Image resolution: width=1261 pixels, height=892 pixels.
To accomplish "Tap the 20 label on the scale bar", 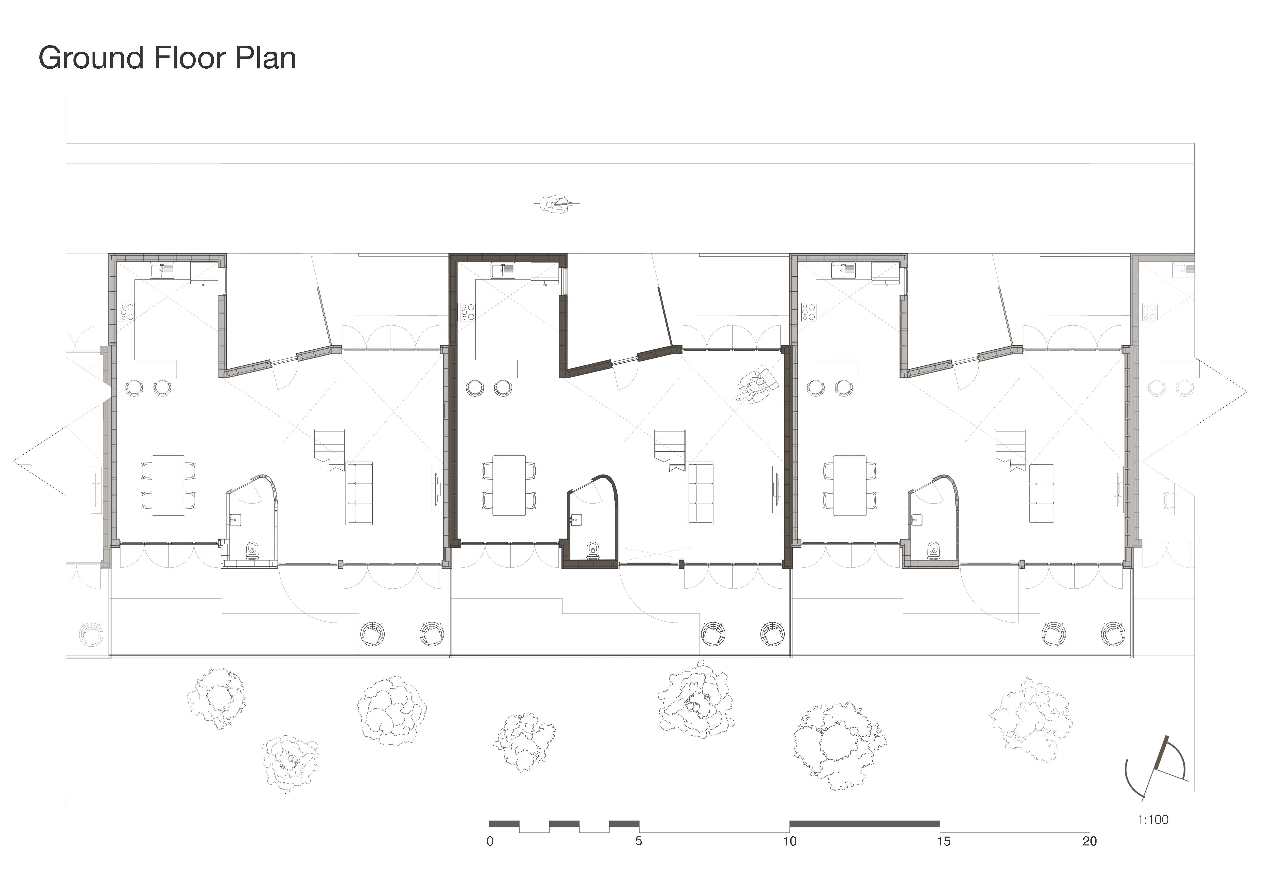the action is [1090, 841].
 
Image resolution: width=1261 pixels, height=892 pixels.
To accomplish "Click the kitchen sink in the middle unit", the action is [503, 270].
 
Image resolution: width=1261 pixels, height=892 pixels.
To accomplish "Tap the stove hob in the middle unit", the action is [468, 312].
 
